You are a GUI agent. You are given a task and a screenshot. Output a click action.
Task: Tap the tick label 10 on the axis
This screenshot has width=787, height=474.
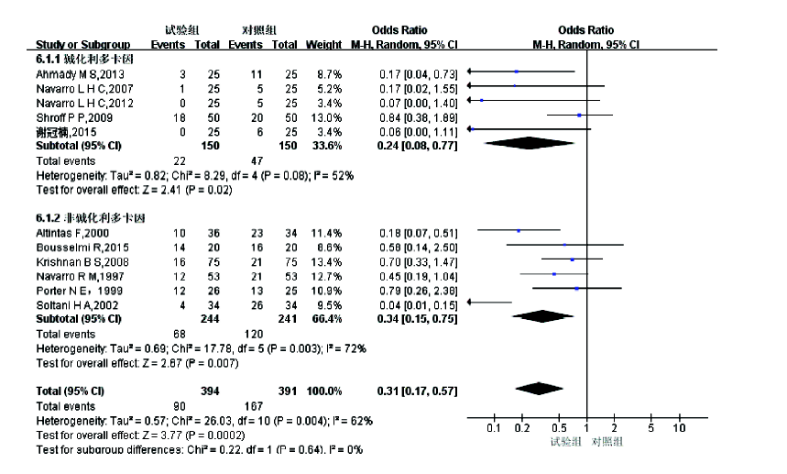[680, 427]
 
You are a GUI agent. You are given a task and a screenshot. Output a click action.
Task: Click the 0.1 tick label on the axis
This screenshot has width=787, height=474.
[493, 427]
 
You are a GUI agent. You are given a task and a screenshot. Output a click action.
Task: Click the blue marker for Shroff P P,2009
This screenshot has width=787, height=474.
[579, 116]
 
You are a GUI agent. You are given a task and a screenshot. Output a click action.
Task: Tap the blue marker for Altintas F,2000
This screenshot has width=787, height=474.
[518, 232]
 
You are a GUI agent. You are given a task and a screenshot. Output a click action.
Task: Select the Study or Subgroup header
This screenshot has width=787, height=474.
[83, 44]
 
